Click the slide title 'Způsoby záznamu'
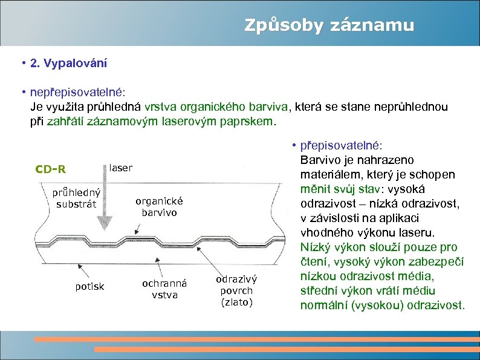pyautogui.click(x=329, y=25)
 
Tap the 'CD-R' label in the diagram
pyautogui.click(x=50, y=168)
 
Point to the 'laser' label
pyautogui.click(x=120, y=167)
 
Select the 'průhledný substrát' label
pyautogui.click(x=76, y=198)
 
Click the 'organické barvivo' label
pyautogui.click(x=159, y=207)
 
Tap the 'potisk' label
pyautogui.click(x=89, y=286)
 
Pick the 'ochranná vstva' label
pyautogui.click(x=164, y=289)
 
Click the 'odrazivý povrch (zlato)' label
pyautogui.click(x=236, y=290)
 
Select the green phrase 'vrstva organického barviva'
pyautogui.click(x=217, y=108)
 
